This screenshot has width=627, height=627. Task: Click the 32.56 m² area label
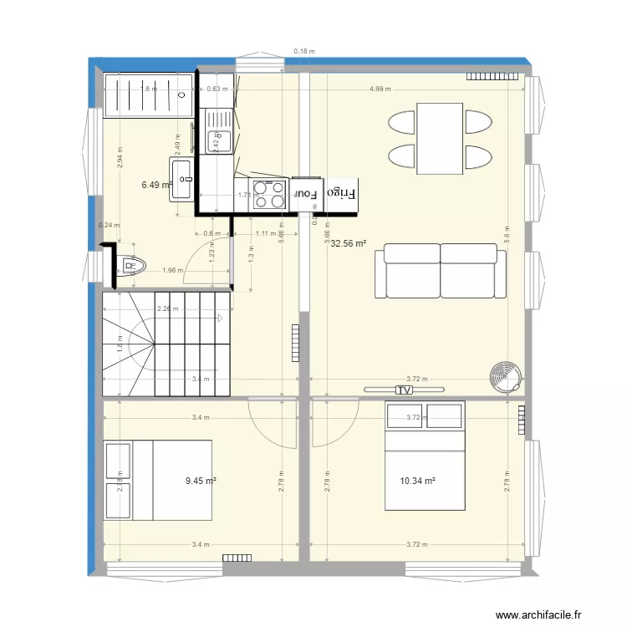tap(349, 244)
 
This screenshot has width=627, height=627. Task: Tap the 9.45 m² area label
tap(201, 481)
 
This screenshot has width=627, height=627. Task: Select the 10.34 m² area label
tap(420, 481)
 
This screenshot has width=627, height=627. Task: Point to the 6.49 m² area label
tap(155, 185)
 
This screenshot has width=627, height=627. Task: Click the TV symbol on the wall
tap(405, 390)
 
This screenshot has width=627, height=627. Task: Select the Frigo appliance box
tap(341, 193)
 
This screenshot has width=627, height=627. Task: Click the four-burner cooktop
tap(269, 195)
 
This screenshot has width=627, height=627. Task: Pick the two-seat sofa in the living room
tap(441, 271)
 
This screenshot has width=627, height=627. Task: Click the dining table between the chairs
tap(440, 138)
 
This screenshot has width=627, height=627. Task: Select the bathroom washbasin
tap(183, 180)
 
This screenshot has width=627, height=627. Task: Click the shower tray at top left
tap(148, 95)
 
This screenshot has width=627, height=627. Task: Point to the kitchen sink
tap(219, 132)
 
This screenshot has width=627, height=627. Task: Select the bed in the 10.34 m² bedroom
tap(424, 456)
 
